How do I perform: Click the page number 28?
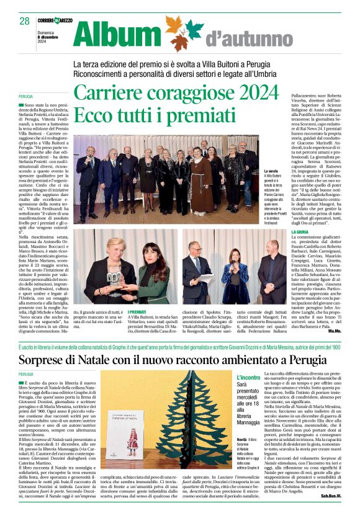click(25, 20)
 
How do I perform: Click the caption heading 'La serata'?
click(271, 171)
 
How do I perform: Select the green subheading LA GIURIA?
click(301, 233)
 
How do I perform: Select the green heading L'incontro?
click(249, 377)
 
